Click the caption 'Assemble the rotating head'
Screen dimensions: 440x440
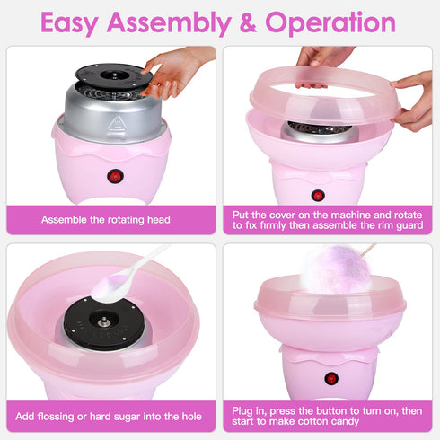click(106, 218)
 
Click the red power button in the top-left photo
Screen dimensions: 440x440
click(114, 176)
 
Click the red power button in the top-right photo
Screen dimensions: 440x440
click(317, 195)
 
